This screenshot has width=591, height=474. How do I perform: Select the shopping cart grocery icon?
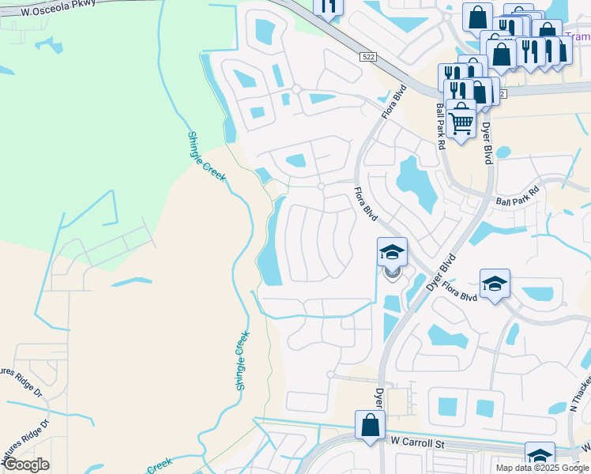[461, 121]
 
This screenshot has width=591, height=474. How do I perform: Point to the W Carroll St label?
[412, 445]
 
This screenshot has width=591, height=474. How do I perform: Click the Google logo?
[26, 465]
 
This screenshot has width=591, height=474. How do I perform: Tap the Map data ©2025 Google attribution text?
[543, 468]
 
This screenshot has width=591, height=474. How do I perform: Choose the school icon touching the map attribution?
[540, 457]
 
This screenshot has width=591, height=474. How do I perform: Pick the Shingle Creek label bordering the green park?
[207, 156]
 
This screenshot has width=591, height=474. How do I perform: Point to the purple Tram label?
[579, 36]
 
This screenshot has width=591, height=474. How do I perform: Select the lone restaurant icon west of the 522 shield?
[328, 7]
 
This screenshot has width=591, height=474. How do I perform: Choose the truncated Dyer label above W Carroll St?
[379, 400]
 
